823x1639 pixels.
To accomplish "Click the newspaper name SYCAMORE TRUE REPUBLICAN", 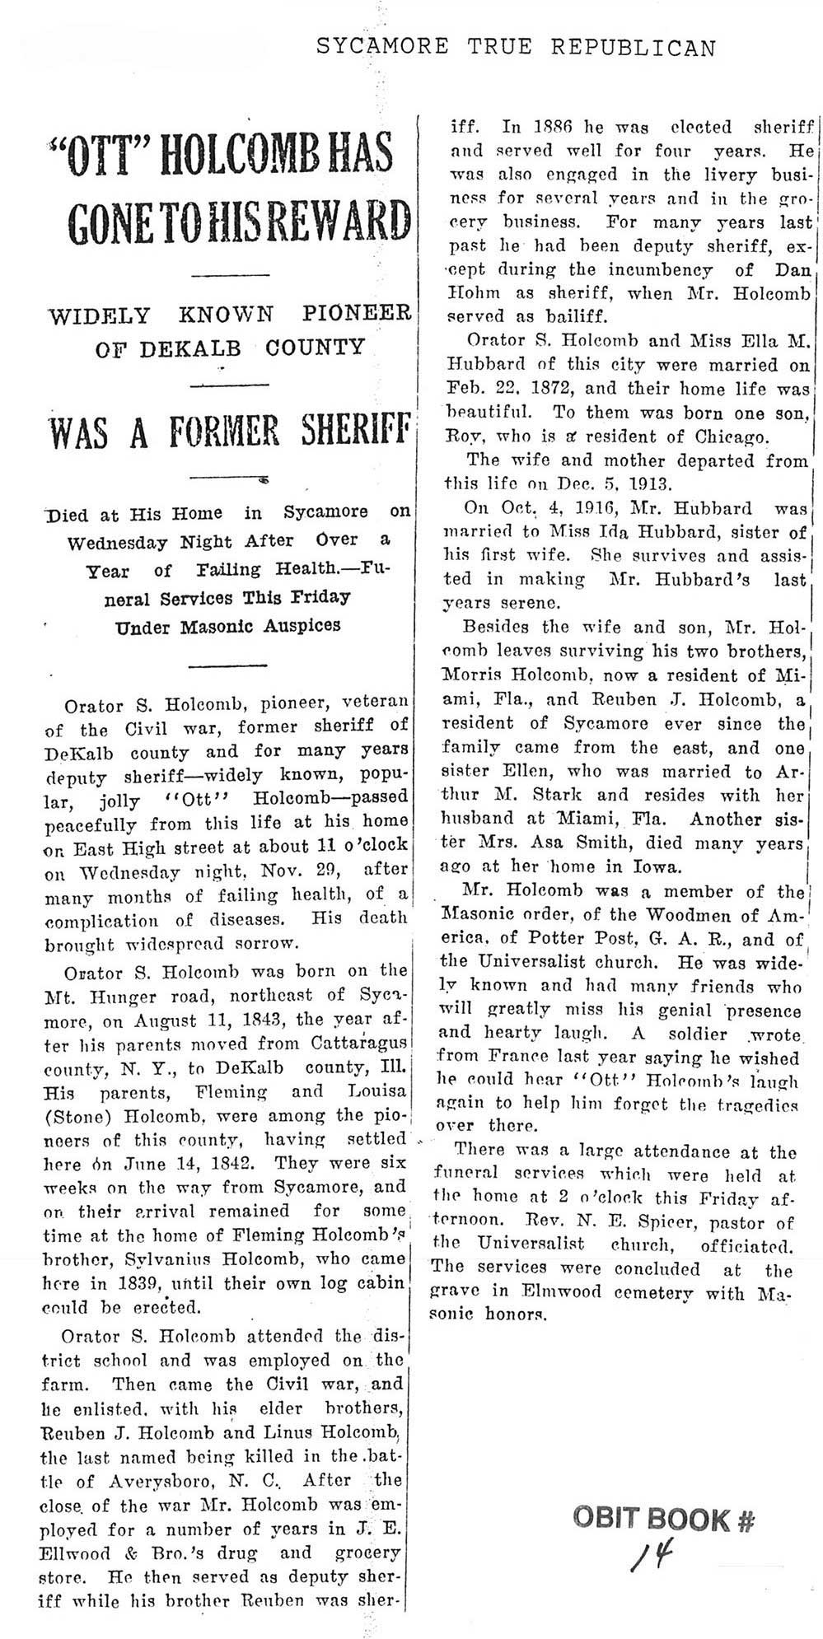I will coord(517,48).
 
